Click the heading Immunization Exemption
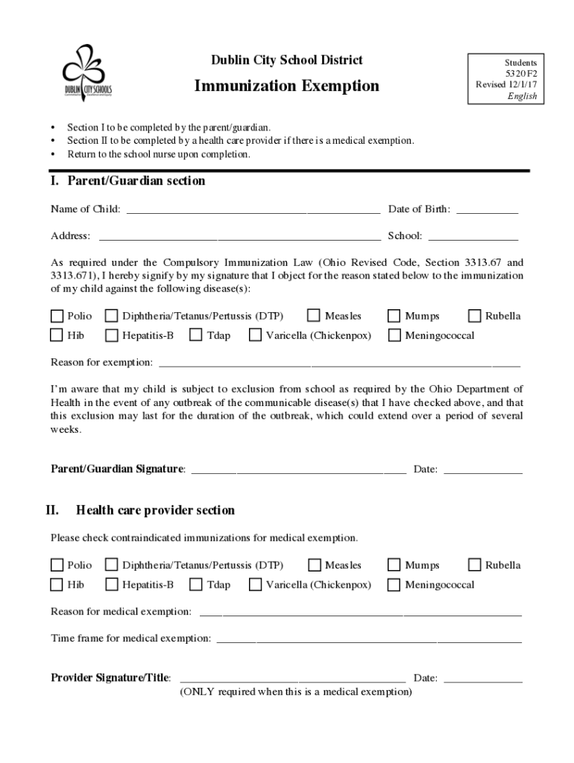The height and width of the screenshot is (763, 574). click(x=286, y=86)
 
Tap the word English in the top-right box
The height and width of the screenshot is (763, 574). click(x=522, y=96)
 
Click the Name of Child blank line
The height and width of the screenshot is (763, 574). click(x=253, y=209)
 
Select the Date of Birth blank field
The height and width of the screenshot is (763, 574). click(x=487, y=209)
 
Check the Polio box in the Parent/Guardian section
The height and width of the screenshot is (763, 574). click(x=57, y=316)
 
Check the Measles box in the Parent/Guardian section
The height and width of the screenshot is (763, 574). click(x=314, y=316)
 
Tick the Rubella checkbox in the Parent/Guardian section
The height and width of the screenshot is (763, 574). click(x=474, y=316)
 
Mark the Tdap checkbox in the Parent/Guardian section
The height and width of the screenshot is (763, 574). click(x=196, y=335)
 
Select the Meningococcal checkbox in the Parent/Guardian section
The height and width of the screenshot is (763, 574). click(x=394, y=335)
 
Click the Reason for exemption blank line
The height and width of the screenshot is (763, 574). click(x=339, y=363)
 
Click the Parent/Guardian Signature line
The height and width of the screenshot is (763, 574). click(x=299, y=469)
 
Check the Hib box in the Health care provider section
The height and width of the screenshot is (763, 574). click(x=57, y=584)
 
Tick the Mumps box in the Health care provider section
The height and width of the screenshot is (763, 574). click(x=394, y=565)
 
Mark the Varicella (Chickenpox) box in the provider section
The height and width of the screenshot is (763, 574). click(x=255, y=584)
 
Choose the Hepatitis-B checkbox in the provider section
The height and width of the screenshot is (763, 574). click(x=111, y=584)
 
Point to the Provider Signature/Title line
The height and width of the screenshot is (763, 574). click(x=292, y=678)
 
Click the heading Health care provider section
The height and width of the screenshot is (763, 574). click(x=155, y=510)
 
